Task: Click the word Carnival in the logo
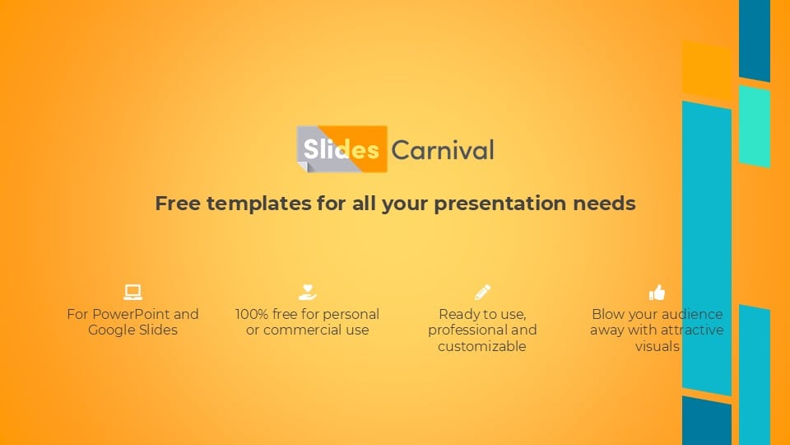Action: click(443, 150)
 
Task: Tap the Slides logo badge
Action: click(342, 149)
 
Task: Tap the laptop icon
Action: click(132, 292)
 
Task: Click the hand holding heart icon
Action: click(307, 292)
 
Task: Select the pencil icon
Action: click(482, 292)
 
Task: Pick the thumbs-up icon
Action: click(657, 292)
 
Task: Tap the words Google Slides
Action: click(132, 330)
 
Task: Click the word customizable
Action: click(481, 346)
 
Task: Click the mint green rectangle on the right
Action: click(755, 125)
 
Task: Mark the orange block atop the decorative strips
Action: click(706, 71)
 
